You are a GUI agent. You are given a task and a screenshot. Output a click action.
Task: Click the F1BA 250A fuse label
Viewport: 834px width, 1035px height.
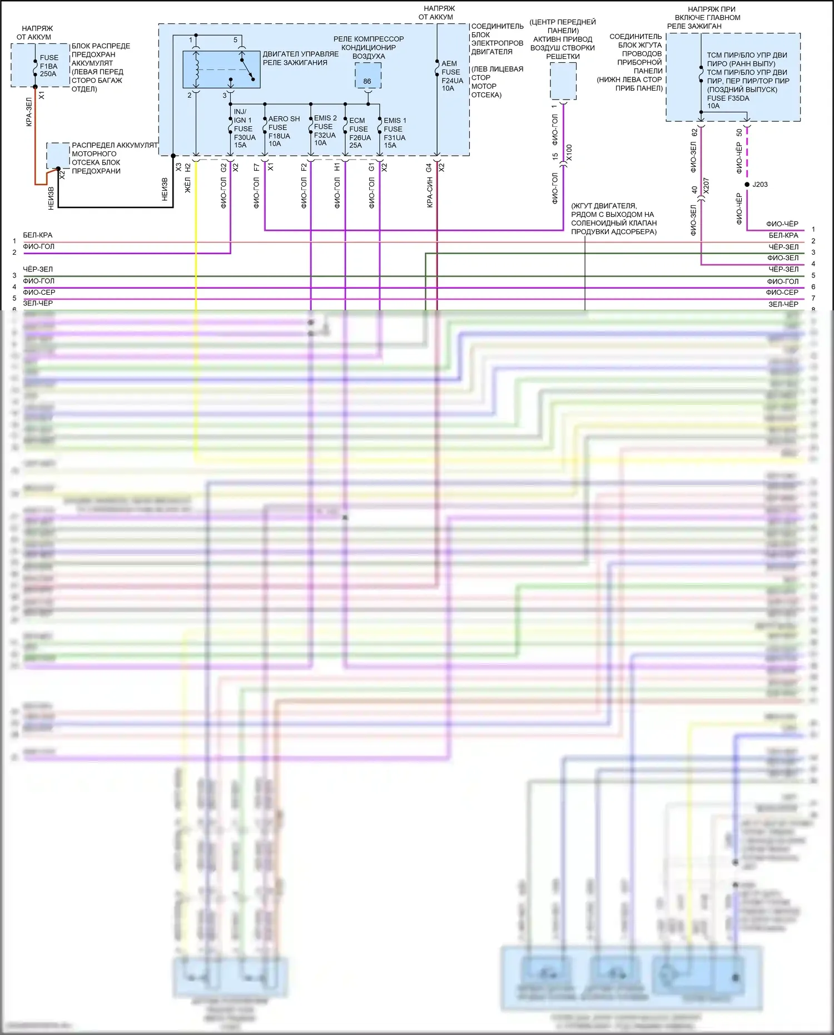tap(48, 66)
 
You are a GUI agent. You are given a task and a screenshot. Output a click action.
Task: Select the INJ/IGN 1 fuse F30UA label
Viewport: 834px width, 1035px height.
tap(244, 129)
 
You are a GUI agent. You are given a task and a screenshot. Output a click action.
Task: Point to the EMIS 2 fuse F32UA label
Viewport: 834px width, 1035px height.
tap(325, 130)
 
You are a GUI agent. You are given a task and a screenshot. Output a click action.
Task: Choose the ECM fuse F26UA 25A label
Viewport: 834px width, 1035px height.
tap(360, 133)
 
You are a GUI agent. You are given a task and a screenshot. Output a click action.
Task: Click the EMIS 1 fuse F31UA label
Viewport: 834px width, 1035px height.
tap(395, 133)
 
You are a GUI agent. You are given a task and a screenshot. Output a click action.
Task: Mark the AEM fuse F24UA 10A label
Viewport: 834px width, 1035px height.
tap(451, 76)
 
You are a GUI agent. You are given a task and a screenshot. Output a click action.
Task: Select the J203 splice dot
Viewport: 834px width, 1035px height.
tap(747, 184)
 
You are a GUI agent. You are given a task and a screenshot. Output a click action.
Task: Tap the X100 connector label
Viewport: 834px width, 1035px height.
tap(569, 153)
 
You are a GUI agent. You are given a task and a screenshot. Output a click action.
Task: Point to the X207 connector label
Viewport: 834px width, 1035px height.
tap(706, 186)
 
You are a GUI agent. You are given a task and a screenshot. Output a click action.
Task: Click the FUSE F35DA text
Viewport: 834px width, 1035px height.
tap(728, 98)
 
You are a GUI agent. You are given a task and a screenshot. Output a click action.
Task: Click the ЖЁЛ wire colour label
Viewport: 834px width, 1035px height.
tap(188, 185)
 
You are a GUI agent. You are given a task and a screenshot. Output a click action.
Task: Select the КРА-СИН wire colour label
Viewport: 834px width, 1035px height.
tap(430, 193)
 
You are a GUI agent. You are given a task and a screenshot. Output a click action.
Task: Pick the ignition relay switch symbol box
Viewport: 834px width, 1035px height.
tap(221, 70)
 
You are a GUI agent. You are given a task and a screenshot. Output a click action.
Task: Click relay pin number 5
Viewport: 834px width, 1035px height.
tap(235, 40)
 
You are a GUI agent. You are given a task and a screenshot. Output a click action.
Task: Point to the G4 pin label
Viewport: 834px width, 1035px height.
tap(429, 167)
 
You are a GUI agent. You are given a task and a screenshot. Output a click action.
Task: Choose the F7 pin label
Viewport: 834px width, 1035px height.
tap(256, 167)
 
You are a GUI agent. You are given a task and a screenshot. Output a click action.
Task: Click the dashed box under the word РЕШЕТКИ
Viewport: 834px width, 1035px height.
tap(563, 81)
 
